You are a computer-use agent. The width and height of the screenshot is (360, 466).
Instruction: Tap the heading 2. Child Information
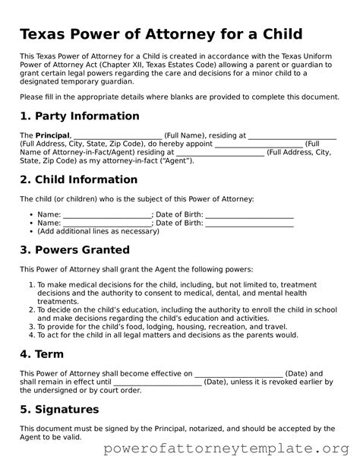pos(78,180)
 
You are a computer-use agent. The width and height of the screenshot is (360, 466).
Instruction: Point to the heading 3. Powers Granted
pos(74,250)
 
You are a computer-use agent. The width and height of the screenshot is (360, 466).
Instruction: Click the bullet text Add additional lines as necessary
pos(99,231)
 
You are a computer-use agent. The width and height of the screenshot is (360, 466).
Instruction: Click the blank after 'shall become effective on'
pos(239,373)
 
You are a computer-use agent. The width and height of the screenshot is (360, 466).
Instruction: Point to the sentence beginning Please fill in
pos(179,97)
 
